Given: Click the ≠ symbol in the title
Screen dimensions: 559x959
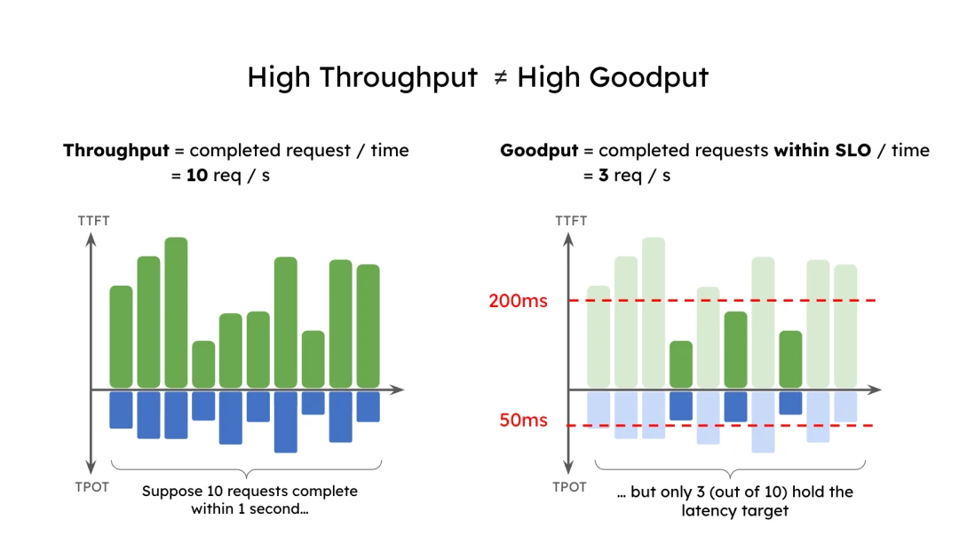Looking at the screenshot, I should pyautogui.click(x=500, y=78).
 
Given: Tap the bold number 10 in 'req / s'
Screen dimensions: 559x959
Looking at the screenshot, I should pyautogui.click(x=196, y=176).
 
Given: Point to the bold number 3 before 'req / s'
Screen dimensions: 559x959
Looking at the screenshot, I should pyautogui.click(x=603, y=176).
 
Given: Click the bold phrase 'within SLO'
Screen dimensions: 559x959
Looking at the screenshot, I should pyautogui.click(x=817, y=151).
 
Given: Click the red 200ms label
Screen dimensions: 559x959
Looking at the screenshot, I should pyautogui.click(x=518, y=301).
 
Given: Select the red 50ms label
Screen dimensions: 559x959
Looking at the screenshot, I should pyautogui.click(x=524, y=421).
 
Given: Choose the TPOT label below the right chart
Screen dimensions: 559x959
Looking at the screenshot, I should pyautogui.click(x=568, y=487).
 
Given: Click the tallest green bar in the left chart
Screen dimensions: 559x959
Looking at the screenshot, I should pyautogui.click(x=176, y=312).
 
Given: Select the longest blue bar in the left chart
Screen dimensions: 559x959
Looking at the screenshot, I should pyautogui.click(x=285, y=421).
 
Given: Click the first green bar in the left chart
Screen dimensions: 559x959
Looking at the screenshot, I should pyautogui.click(x=121, y=337).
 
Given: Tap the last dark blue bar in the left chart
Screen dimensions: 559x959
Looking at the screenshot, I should pyautogui.click(x=368, y=406).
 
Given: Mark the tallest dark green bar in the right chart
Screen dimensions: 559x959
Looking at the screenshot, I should pyautogui.click(x=735, y=350).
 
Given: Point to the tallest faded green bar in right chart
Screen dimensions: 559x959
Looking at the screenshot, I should pyautogui.click(x=654, y=312).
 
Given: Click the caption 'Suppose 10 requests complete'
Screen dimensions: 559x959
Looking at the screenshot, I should pyautogui.click(x=250, y=492).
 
